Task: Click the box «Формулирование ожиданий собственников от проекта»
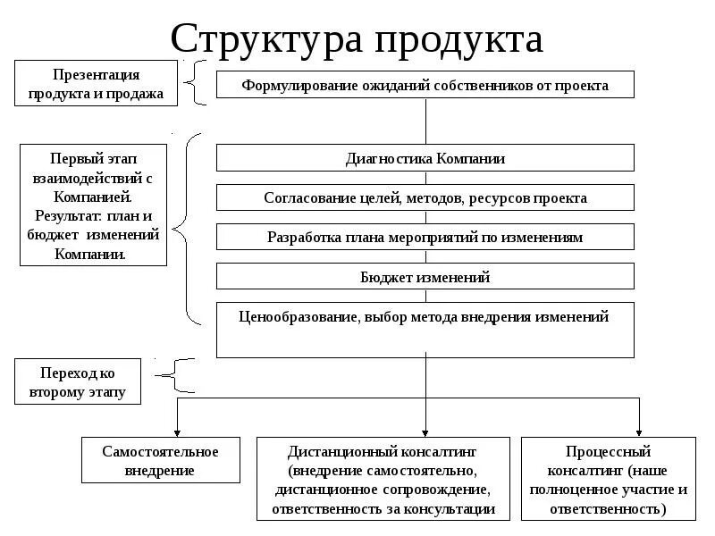(x=425, y=86)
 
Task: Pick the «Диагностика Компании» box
(x=425, y=158)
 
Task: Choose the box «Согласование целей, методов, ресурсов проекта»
(x=425, y=197)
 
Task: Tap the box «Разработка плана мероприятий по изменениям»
(x=425, y=237)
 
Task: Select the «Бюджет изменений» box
(x=425, y=277)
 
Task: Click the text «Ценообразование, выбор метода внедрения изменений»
(x=425, y=316)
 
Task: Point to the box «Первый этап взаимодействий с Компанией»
(x=94, y=203)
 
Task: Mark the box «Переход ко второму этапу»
(x=77, y=381)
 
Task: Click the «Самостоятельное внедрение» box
(x=160, y=460)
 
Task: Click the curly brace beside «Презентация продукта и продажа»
(x=196, y=83)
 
